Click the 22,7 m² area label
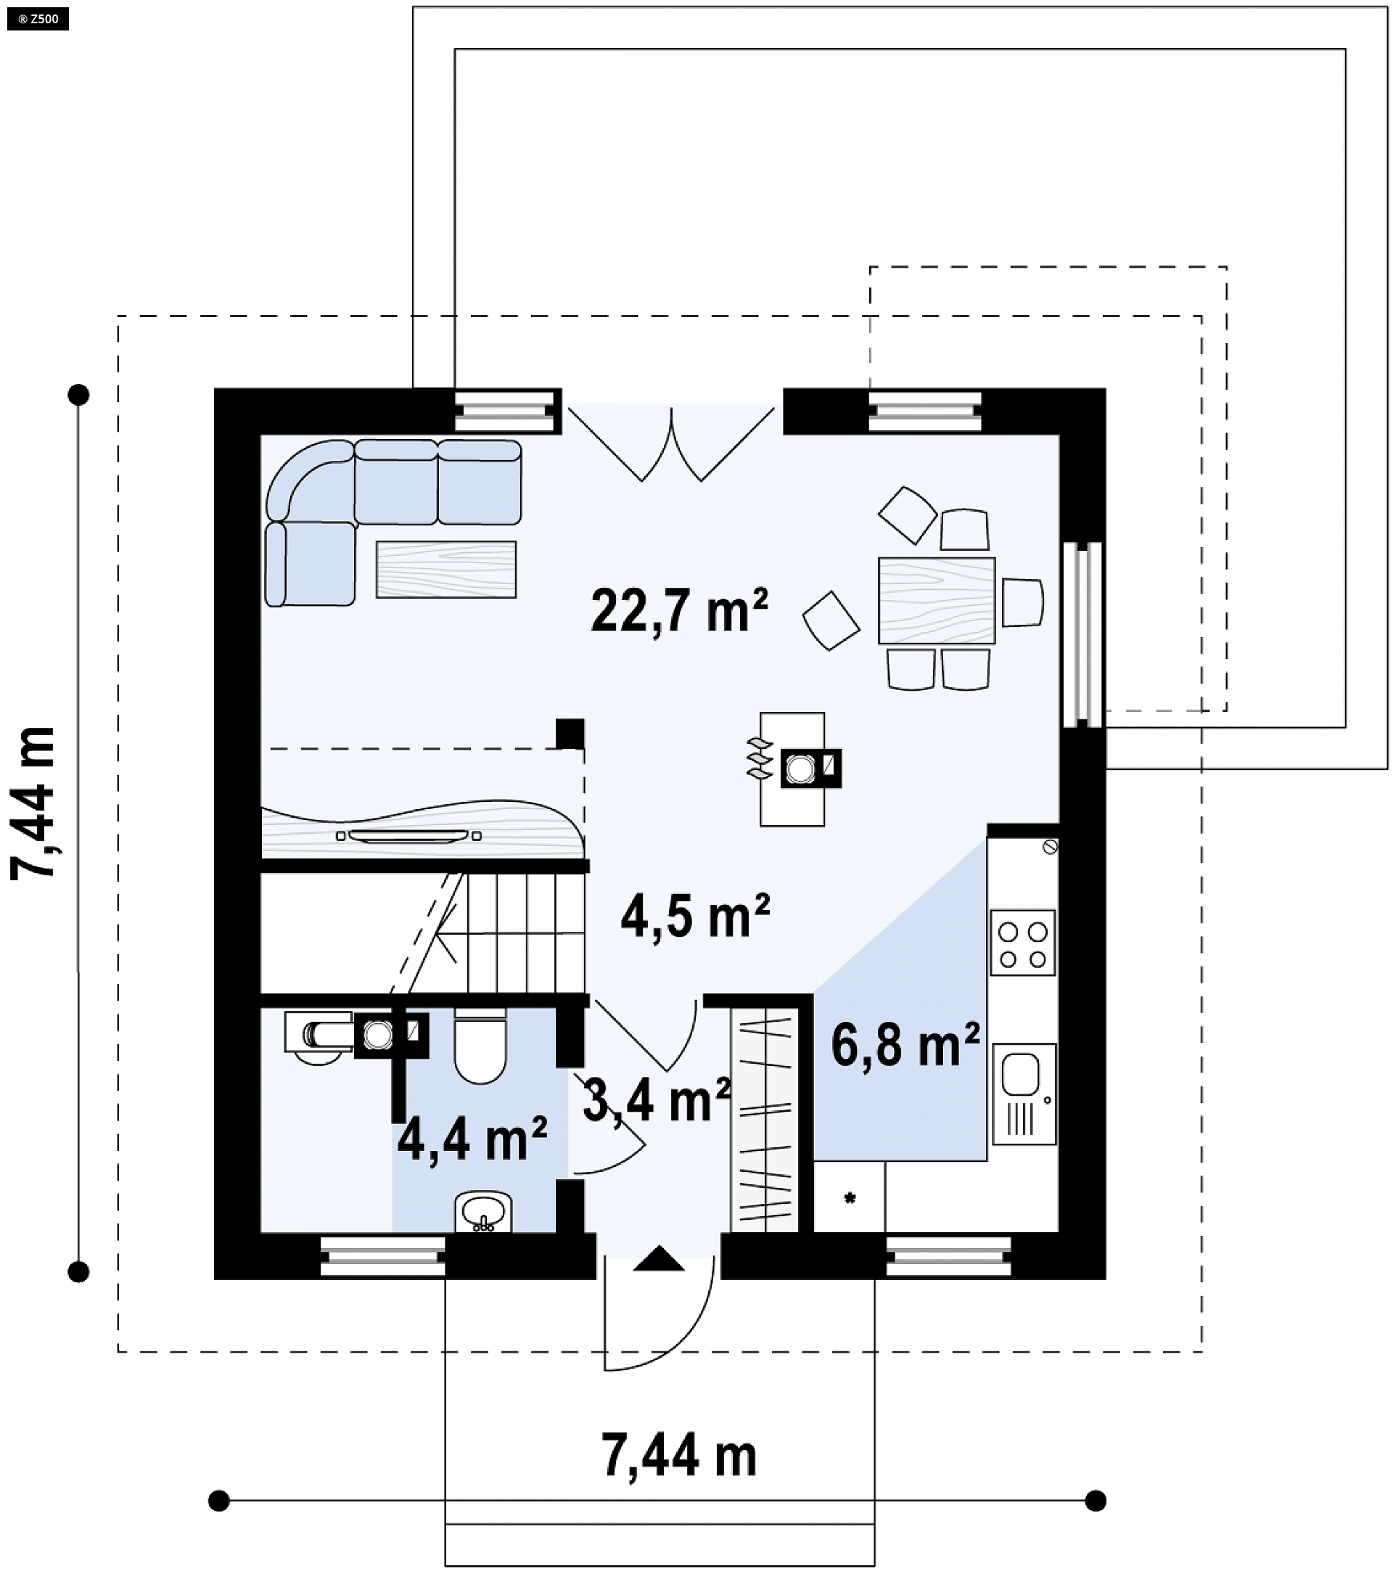pyautogui.click(x=679, y=610)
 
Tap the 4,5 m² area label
pyautogui.click(x=695, y=917)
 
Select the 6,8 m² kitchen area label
pyautogui.click(x=905, y=1045)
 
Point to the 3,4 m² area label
pyautogui.click(x=657, y=1099)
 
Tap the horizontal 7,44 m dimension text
pyautogui.click(x=679, y=1456)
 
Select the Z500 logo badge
pyautogui.click(x=38, y=18)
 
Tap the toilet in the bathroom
pyautogui.click(x=480, y=1046)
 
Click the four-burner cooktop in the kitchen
pyautogui.click(x=1022, y=943)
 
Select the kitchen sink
pyautogui.click(x=1024, y=1094)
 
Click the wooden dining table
pyautogui.click(x=937, y=601)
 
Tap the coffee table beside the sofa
pyautogui.click(x=446, y=570)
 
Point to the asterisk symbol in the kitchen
pyautogui.click(x=850, y=1197)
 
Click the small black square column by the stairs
pyautogui.click(x=570, y=733)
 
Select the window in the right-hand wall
pyautogui.click(x=1082, y=634)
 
